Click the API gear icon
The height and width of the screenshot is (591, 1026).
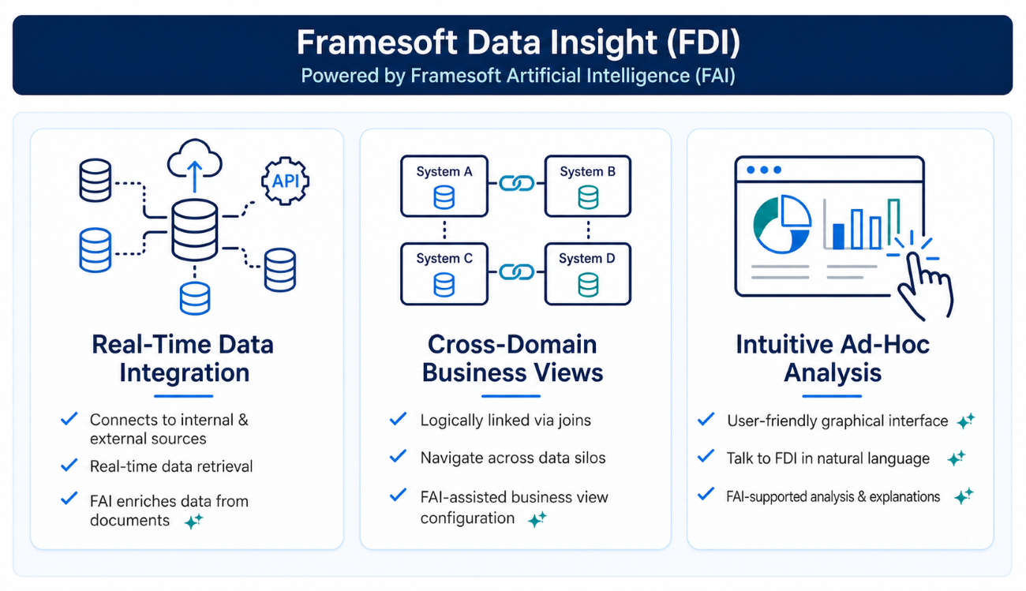(x=286, y=181)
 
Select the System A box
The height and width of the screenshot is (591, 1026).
(x=444, y=186)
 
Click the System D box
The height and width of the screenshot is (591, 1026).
(x=588, y=274)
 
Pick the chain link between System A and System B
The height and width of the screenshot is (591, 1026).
(x=516, y=184)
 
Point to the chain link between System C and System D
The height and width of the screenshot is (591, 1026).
(x=516, y=272)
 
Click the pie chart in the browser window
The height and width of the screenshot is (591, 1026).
(x=782, y=224)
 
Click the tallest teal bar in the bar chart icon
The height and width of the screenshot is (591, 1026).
(x=893, y=223)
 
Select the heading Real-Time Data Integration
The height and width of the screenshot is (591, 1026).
(x=183, y=358)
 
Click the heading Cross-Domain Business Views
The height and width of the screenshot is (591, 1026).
(x=512, y=358)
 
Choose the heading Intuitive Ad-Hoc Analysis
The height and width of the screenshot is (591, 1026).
(x=833, y=358)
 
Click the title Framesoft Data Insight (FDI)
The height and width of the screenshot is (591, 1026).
(x=518, y=42)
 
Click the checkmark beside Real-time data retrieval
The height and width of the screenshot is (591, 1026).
(x=69, y=465)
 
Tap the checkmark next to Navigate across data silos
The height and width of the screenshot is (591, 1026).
(x=398, y=456)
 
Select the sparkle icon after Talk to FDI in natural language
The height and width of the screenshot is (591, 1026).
(x=957, y=458)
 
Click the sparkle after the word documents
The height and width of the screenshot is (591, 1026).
(x=193, y=521)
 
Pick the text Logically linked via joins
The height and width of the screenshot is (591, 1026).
(x=506, y=421)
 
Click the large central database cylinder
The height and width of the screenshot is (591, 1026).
(x=195, y=230)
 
